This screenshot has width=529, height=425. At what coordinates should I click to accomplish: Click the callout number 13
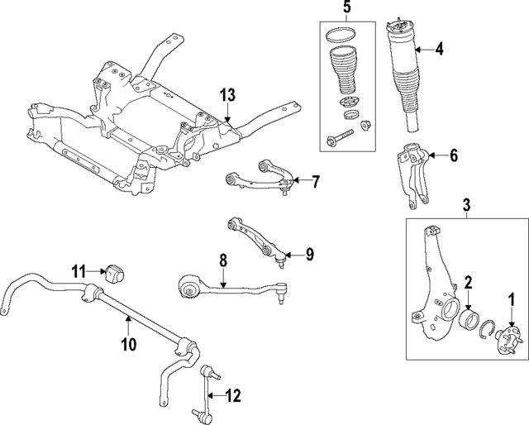tap(227, 94)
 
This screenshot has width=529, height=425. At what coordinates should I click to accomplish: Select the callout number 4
tap(439, 50)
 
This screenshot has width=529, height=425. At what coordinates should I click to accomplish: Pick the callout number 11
tap(79, 270)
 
